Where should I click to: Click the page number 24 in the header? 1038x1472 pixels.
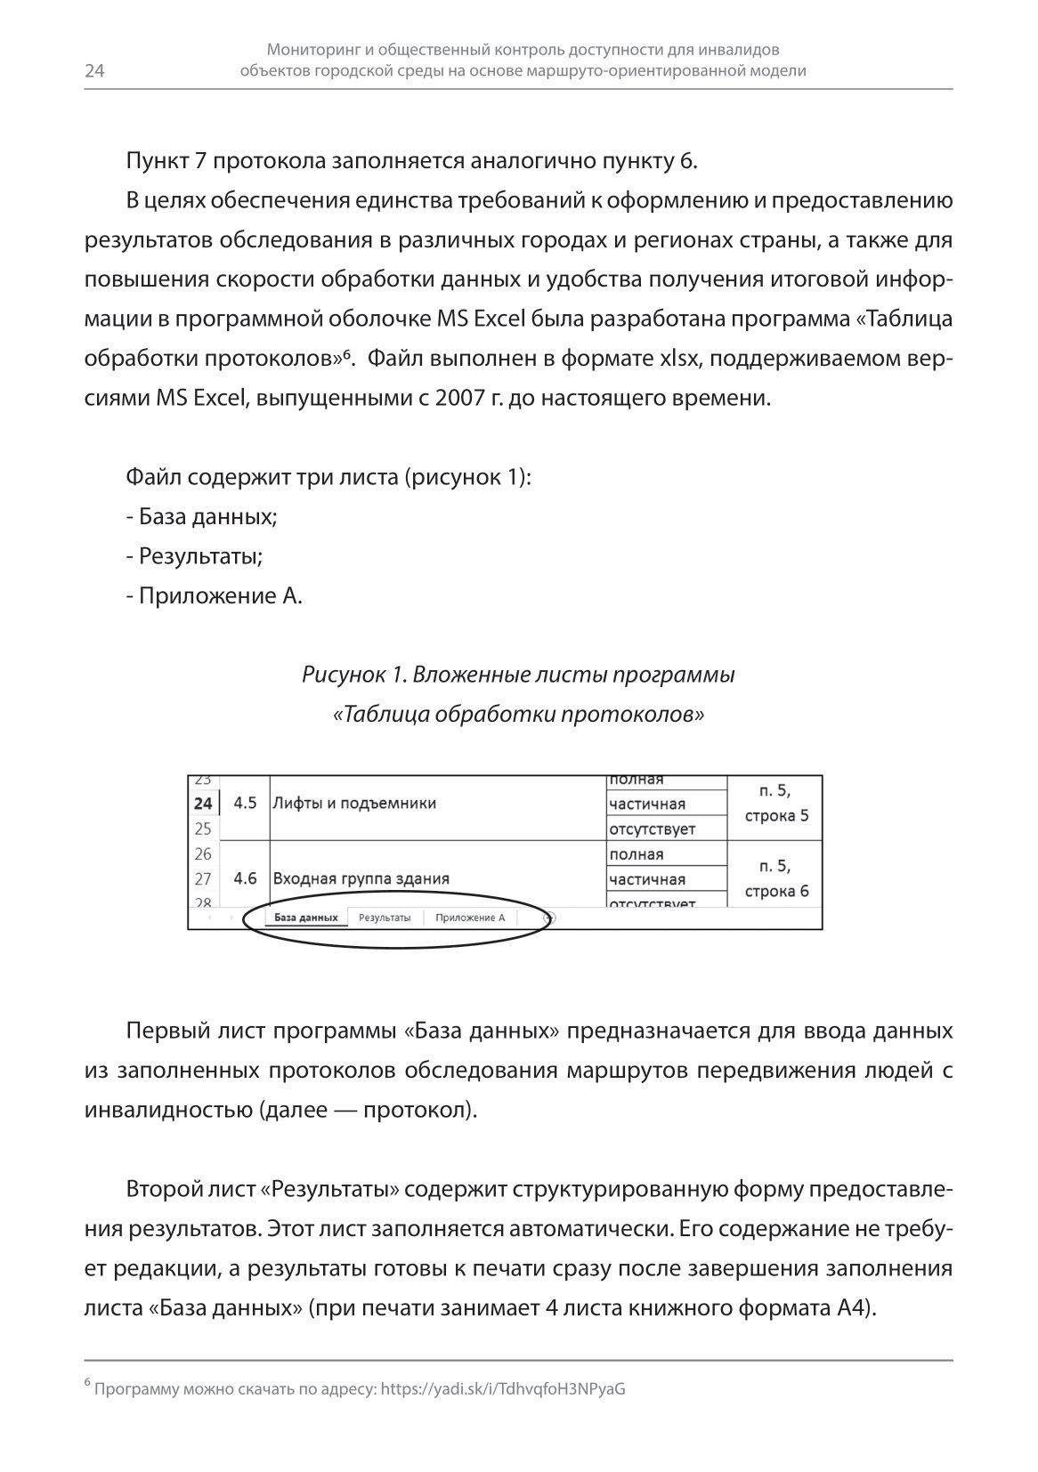tap(94, 72)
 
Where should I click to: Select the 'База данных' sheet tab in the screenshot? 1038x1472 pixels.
tap(305, 918)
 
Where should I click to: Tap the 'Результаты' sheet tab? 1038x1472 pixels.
tap(385, 918)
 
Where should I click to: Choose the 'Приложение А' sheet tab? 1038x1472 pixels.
tap(470, 918)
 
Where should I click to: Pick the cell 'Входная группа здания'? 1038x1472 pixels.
tap(361, 878)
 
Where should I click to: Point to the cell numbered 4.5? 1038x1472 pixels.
tap(245, 804)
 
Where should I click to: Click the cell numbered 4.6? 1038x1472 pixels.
tap(245, 878)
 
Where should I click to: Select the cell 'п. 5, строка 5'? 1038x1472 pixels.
tap(775, 803)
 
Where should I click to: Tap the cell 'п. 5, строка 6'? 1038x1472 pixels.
tap(775, 878)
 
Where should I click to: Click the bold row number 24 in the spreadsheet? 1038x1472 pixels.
tap(203, 804)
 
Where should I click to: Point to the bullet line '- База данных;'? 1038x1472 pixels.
tap(202, 517)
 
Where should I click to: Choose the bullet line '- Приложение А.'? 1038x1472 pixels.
tap(215, 595)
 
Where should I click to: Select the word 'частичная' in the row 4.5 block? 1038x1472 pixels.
tap(647, 805)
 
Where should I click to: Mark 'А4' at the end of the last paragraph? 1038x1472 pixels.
tap(854, 1308)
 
